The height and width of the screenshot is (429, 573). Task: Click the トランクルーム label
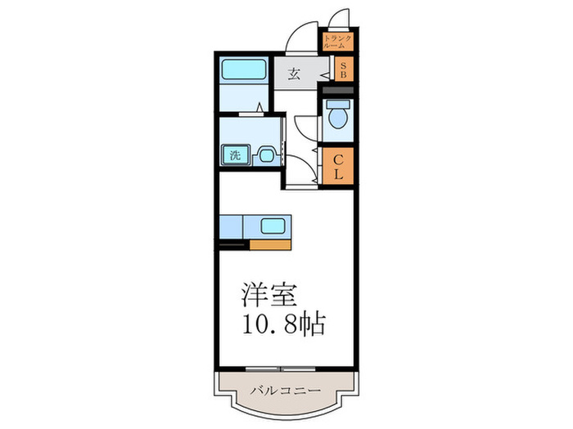(x=338, y=42)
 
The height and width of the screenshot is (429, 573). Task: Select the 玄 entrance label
(x=294, y=74)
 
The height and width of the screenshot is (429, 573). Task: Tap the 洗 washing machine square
(x=235, y=154)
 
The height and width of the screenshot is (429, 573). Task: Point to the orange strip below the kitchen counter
(x=270, y=244)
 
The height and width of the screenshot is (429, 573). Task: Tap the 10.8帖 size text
(x=282, y=324)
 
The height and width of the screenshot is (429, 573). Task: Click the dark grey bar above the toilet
(x=338, y=90)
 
